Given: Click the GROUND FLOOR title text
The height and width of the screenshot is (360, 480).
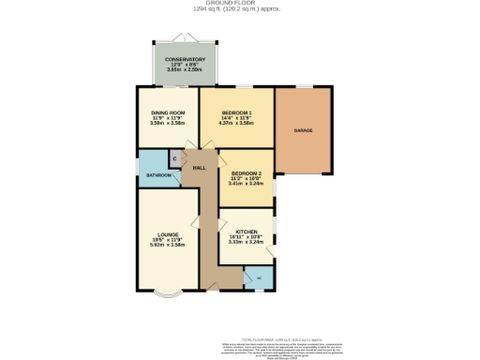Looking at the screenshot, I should point(240,4).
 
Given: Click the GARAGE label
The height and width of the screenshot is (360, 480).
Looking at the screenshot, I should point(303,130).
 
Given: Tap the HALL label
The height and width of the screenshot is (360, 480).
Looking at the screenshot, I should point(199,167).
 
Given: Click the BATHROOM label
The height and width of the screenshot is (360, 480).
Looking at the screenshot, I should point(158,175).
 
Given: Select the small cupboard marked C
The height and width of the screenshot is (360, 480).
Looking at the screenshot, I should point(174,158).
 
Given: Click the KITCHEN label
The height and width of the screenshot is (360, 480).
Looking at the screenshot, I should point(246,231).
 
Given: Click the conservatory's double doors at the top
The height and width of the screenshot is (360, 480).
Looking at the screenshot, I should point(184,37).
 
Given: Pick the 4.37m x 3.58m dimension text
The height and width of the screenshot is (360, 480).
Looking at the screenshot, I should point(236,123).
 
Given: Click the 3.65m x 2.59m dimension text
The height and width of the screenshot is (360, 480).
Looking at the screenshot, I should point(184,69).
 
